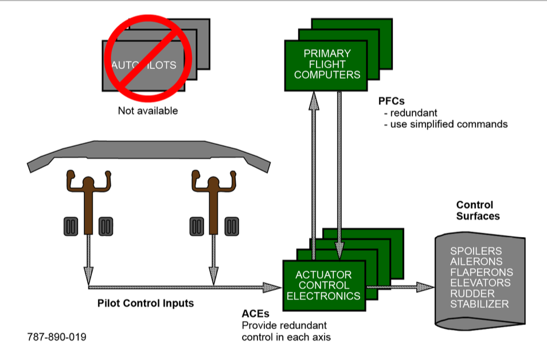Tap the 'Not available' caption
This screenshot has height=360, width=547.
148,111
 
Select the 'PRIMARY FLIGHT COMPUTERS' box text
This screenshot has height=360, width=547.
326,64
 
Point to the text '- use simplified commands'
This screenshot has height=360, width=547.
445,124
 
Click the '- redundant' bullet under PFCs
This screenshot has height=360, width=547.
409,112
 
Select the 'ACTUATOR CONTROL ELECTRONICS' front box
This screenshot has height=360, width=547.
324,285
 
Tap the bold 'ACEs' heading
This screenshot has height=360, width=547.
255,314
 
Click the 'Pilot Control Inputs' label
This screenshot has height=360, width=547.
145,303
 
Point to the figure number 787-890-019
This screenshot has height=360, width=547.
57,337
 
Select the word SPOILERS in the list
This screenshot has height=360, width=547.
475,251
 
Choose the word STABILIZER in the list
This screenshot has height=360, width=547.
479,304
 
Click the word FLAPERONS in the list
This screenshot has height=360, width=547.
481,272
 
